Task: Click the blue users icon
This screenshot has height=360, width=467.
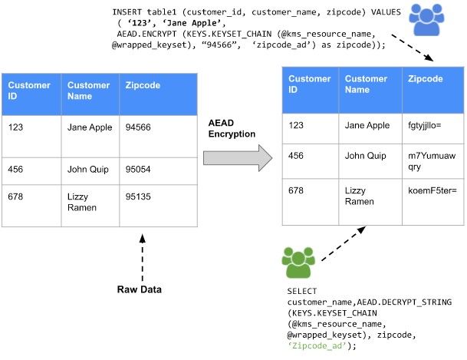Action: click(x=426, y=20)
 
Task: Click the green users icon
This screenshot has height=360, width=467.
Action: click(x=298, y=263)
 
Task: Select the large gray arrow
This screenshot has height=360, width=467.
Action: click(x=238, y=158)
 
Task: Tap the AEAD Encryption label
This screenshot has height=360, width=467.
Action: click(x=232, y=128)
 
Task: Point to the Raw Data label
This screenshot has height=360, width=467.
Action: click(x=139, y=289)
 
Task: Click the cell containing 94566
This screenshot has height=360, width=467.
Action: click(x=159, y=137)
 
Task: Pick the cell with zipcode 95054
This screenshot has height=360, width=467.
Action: click(x=159, y=171)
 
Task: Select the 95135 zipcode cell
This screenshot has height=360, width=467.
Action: click(x=159, y=206)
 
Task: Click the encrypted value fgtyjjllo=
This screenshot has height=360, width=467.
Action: click(x=424, y=125)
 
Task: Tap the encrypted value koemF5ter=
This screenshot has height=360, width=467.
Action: click(x=432, y=190)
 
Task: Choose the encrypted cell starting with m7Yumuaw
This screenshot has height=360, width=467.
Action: click(x=433, y=161)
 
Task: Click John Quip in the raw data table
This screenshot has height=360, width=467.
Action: click(x=88, y=170)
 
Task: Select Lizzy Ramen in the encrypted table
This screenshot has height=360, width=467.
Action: click(x=359, y=196)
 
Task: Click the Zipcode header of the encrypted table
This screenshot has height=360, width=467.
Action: click(x=426, y=78)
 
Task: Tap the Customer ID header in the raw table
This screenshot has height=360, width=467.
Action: click(x=29, y=91)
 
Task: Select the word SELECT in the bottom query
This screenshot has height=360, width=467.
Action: click(x=302, y=291)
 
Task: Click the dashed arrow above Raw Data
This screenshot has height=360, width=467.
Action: click(x=143, y=257)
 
